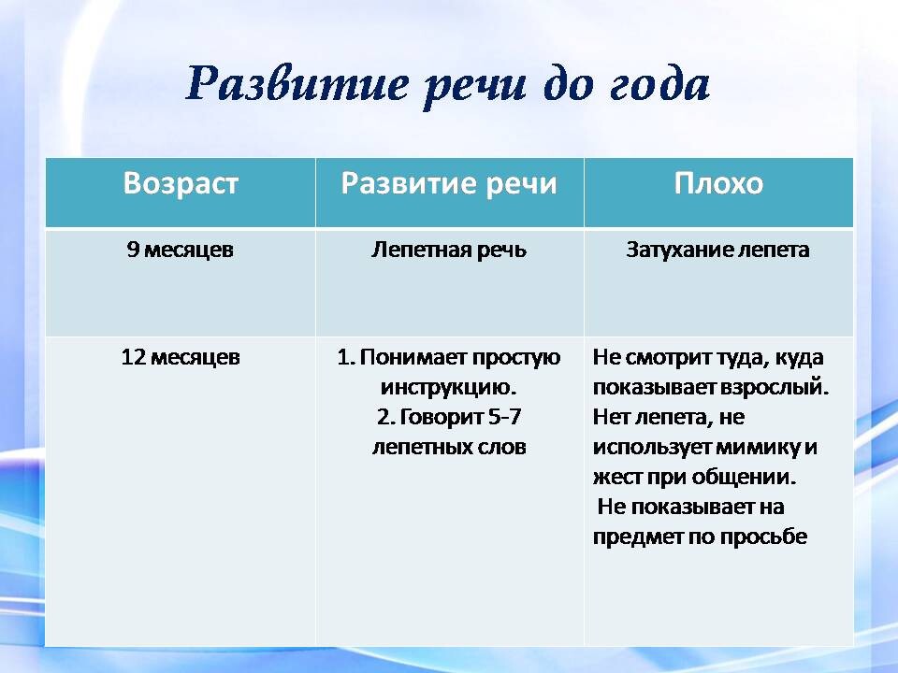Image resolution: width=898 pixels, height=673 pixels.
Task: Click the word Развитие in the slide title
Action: coord(297,84)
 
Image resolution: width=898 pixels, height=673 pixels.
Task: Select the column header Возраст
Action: coord(181,183)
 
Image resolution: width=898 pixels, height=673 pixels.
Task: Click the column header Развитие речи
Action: coord(449,183)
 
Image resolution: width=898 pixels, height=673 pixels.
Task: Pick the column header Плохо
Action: coord(718,183)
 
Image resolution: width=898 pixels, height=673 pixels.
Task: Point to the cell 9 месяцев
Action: coord(181,250)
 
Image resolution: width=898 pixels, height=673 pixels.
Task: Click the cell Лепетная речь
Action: coord(449,250)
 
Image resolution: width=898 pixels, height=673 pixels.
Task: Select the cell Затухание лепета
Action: coord(717,250)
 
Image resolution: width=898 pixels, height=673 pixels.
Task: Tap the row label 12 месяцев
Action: coord(181,357)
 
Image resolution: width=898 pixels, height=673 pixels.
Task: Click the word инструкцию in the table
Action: coord(448,387)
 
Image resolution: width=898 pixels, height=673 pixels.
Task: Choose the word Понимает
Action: coord(413,357)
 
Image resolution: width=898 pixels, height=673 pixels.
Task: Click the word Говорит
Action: coord(441,417)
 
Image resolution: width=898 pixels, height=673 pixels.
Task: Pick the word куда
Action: coord(799,358)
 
